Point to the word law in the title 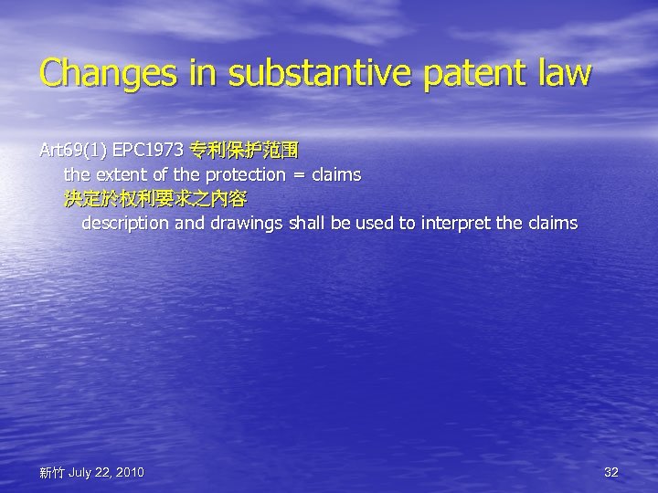point(563,74)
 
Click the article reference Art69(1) point(73,149)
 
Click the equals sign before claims point(299,173)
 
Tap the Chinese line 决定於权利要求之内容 point(154,198)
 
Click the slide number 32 point(611,472)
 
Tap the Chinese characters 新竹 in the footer point(51,473)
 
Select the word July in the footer point(80,472)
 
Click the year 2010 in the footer point(128,472)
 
